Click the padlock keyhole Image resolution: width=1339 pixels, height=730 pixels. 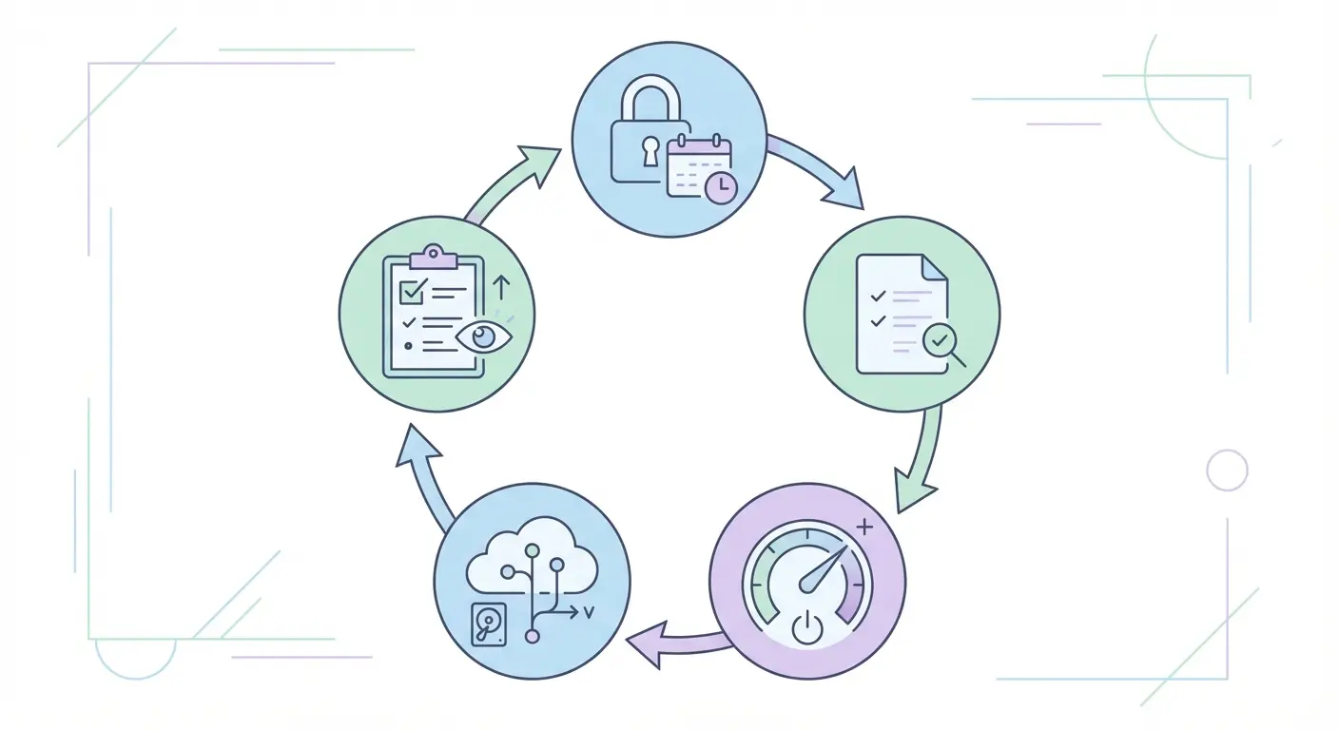click(650, 150)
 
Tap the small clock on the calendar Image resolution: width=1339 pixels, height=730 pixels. click(721, 186)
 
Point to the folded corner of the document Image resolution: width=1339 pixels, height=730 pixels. click(935, 267)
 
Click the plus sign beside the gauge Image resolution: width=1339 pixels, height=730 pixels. click(864, 526)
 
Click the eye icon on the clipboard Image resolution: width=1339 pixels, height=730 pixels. click(483, 336)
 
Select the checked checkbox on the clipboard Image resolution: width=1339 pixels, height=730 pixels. click(413, 291)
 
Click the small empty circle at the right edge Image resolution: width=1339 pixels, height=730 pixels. click(1227, 470)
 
